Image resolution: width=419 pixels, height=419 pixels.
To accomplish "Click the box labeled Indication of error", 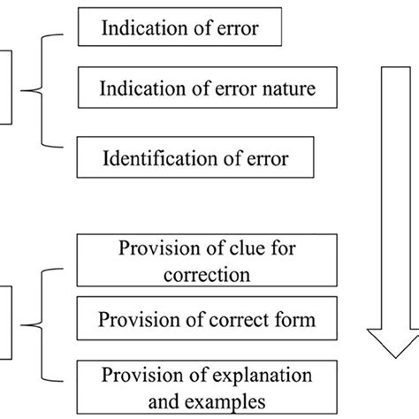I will (179, 28).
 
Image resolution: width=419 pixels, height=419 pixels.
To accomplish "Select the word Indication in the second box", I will (137, 89).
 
